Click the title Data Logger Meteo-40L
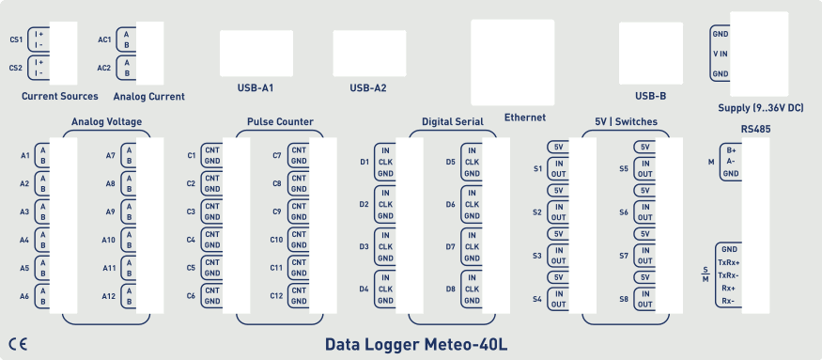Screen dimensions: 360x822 [416, 344]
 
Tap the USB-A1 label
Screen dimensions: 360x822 [255, 88]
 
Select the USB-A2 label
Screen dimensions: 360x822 [368, 88]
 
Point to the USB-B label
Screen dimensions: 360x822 [650, 95]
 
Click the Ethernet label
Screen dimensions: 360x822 [525, 117]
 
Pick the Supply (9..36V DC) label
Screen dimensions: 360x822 [760, 108]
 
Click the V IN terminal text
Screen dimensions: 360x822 [721, 54]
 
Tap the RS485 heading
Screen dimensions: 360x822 [756, 128]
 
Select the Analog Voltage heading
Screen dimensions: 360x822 [106, 122]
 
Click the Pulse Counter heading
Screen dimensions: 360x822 [280, 122]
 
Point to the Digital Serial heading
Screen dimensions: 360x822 [453, 122]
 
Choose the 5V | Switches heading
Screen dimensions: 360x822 [627, 122]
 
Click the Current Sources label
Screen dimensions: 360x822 [59, 96]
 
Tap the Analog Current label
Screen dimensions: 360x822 [148, 96]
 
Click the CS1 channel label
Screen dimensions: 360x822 [16, 39]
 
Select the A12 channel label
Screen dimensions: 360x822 [109, 296]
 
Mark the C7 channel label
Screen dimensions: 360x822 [277, 155]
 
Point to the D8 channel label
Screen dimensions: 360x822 [451, 290]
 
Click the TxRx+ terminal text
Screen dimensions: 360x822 [728, 262]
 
